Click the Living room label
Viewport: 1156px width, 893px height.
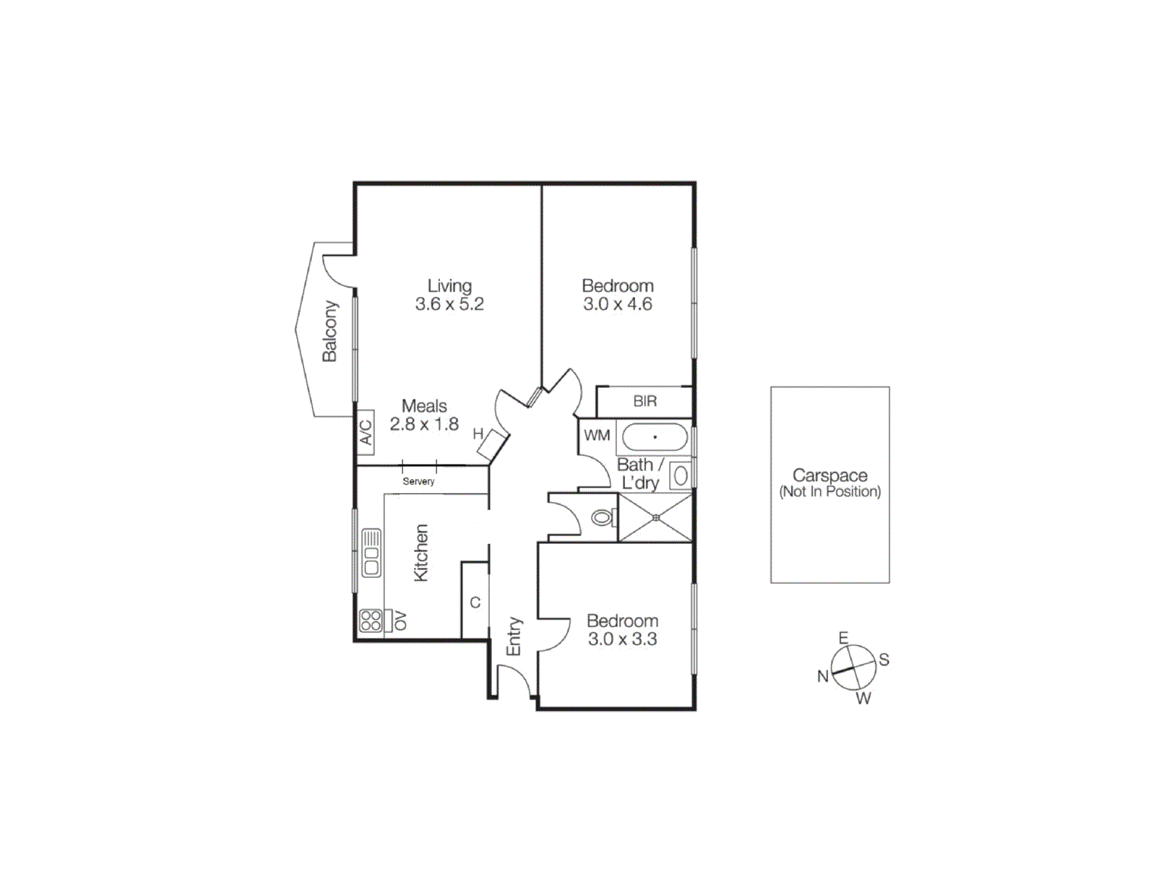(x=449, y=286)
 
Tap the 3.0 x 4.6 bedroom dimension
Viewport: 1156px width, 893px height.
(x=618, y=304)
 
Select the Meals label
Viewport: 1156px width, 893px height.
(x=424, y=406)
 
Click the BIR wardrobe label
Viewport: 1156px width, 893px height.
(x=644, y=401)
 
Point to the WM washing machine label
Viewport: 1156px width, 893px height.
(x=597, y=435)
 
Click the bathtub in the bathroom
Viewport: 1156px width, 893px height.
(x=655, y=437)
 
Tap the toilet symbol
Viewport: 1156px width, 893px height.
(x=602, y=518)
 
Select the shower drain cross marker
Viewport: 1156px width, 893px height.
(x=655, y=517)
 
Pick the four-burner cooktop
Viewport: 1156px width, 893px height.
(x=371, y=621)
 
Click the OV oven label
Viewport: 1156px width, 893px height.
(x=400, y=621)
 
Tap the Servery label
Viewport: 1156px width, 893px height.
(x=418, y=481)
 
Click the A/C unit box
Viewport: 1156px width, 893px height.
(x=366, y=432)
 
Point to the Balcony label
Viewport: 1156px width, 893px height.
(x=329, y=331)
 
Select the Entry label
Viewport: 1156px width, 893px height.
(x=513, y=636)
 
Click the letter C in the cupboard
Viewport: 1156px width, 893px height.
(x=475, y=603)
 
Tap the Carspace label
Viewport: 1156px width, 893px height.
(x=829, y=475)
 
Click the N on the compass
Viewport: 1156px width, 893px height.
(x=823, y=676)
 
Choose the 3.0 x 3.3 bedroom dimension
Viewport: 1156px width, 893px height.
(x=622, y=639)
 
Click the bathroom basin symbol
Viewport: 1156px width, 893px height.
(x=680, y=475)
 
